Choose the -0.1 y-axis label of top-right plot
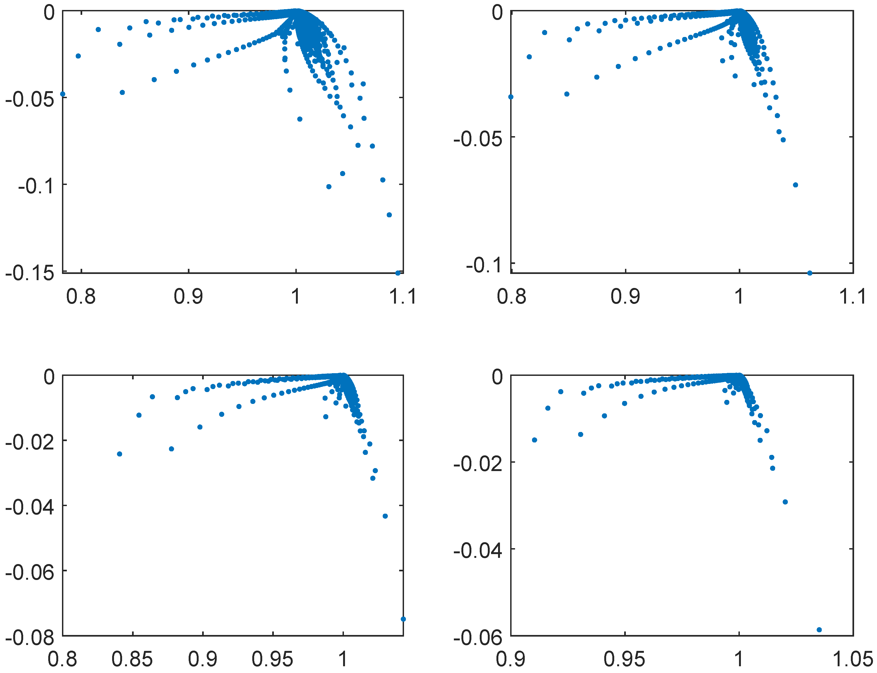pyautogui.click(x=484, y=265)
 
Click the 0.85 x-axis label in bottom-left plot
pyautogui.click(x=132, y=659)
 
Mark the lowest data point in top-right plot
pyautogui.click(x=810, y=273)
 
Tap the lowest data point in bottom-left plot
pyautogui.click(x=403, y=619)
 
